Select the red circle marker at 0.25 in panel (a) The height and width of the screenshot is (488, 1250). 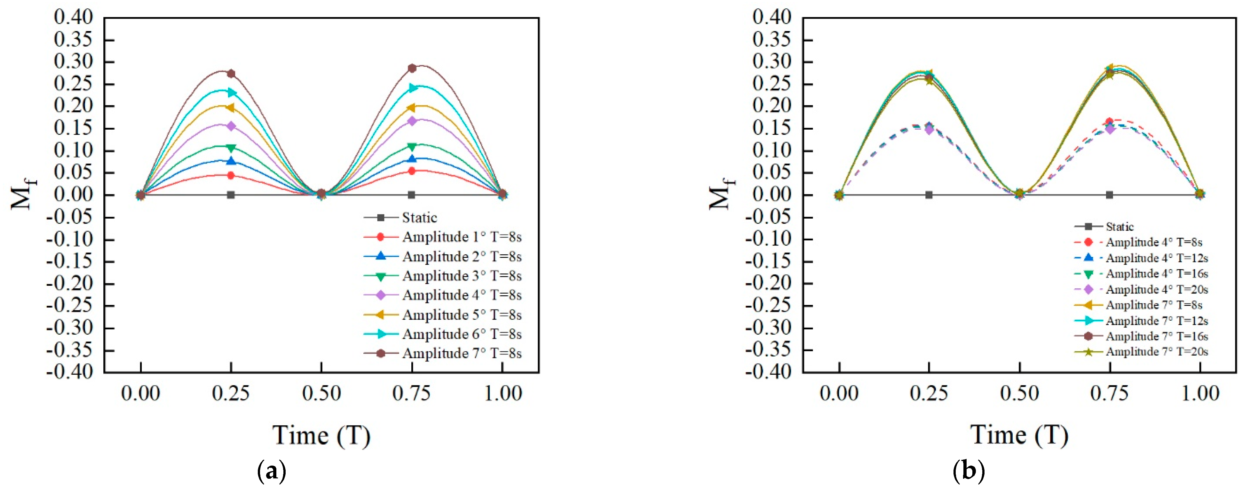coord(231,175)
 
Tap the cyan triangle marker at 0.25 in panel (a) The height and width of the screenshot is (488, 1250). coord(232,92)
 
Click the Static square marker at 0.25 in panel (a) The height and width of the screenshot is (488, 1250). coord(231,195)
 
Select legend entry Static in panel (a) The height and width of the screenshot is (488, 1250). coord(419,218)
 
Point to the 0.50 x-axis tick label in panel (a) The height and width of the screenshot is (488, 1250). coord(321,393)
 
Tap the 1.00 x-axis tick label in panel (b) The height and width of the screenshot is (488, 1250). coord(1200,393)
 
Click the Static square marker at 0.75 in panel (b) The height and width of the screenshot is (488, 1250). coord(1109,195)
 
